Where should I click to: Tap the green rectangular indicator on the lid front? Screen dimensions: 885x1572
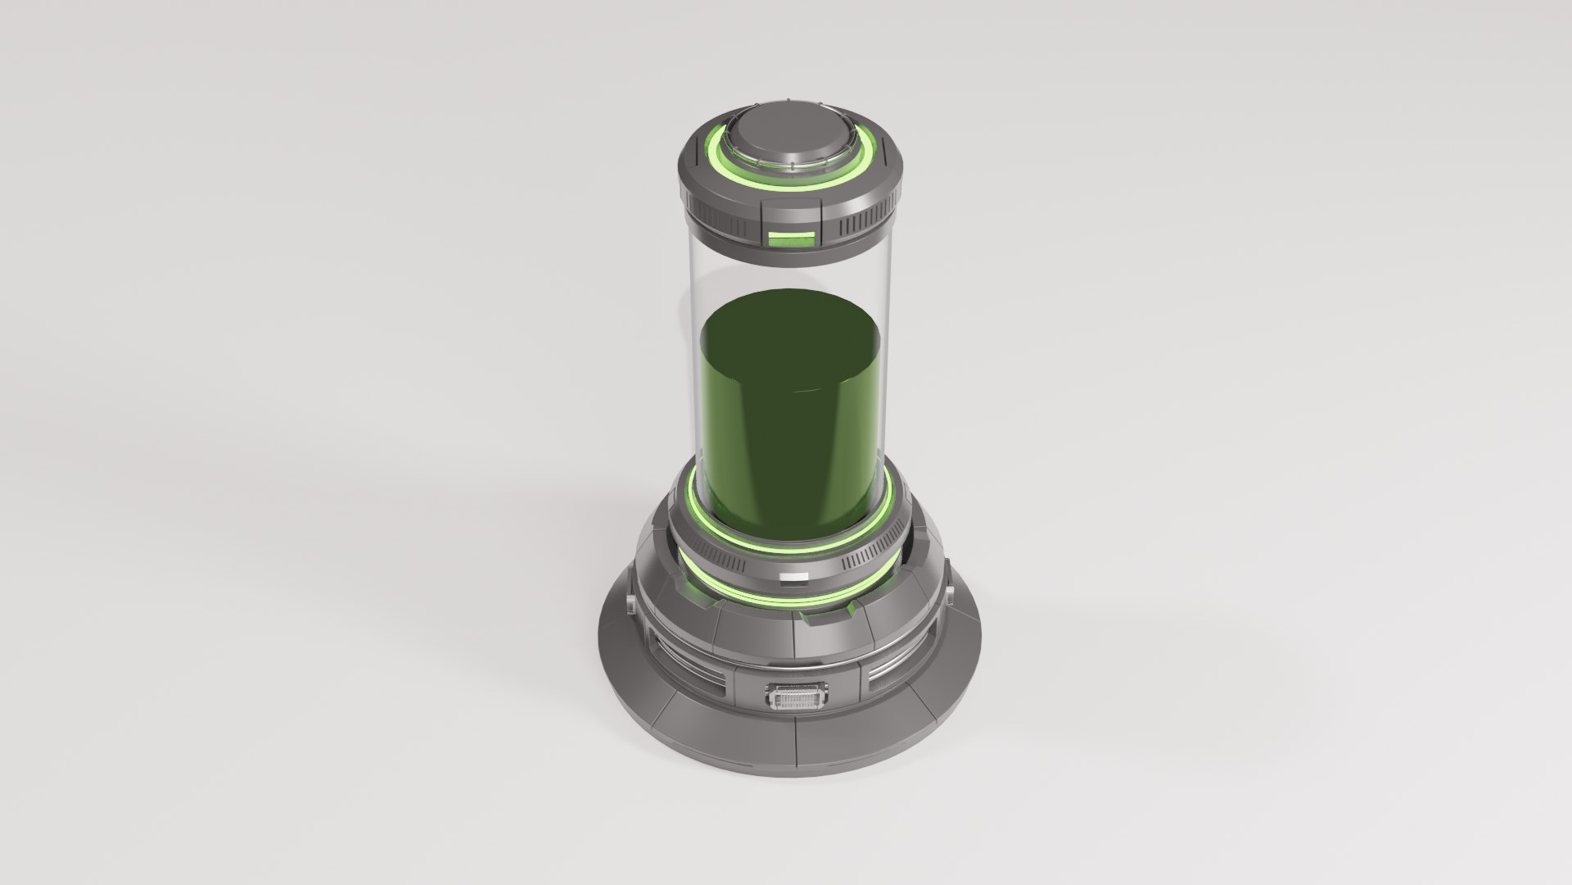click(793, 239)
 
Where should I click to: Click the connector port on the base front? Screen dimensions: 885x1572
click(795, 676)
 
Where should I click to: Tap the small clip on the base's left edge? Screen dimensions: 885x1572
click(630, 607)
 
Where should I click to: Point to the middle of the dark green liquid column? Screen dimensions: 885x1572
click(793, 426)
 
